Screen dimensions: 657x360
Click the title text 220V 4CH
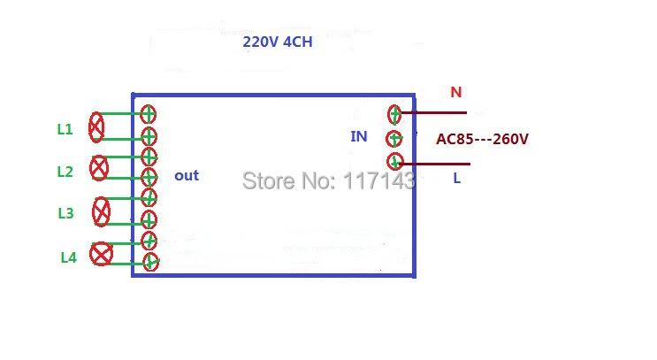coord(278,42)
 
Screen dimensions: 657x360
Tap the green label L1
coord(65,129)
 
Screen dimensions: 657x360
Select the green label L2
coord(65,172)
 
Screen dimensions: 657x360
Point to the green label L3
coord(65,213)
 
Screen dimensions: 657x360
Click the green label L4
coord(69,257)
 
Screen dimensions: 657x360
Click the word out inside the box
coord(187,176)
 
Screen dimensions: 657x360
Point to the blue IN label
coord(359,136)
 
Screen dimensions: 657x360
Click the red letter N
coord(456,92)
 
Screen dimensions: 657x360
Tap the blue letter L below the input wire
coord(456,179)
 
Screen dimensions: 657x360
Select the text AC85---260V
coord(482,139)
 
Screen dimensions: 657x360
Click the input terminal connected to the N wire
coord(394,114)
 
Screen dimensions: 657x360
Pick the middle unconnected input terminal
coord(393,139)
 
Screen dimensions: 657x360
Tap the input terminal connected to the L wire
coord(394,162)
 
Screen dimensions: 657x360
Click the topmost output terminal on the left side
coord(148,114)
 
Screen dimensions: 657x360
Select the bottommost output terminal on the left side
coord(151,263)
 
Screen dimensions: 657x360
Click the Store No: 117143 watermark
coord(329,181)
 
